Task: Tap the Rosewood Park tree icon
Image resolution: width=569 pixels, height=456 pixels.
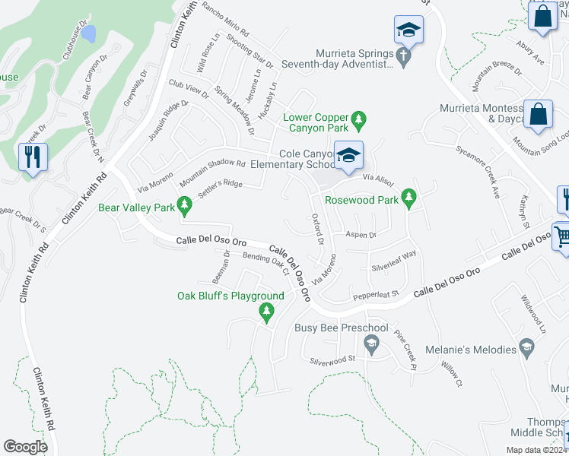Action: point(409,200)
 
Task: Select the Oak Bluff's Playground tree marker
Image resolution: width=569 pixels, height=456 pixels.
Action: point(266,311)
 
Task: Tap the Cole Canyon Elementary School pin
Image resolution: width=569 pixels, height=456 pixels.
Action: point(348,156)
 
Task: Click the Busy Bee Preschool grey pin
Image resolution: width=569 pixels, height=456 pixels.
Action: point(371,345)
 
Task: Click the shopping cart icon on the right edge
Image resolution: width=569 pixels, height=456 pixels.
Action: point(561,236)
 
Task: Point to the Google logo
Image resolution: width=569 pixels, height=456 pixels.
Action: point(25,447)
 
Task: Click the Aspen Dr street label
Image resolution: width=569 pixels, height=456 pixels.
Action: point(361,235)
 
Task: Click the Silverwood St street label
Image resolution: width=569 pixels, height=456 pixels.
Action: point(332,358)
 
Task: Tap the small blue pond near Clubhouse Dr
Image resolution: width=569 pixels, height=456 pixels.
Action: point(89,33)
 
